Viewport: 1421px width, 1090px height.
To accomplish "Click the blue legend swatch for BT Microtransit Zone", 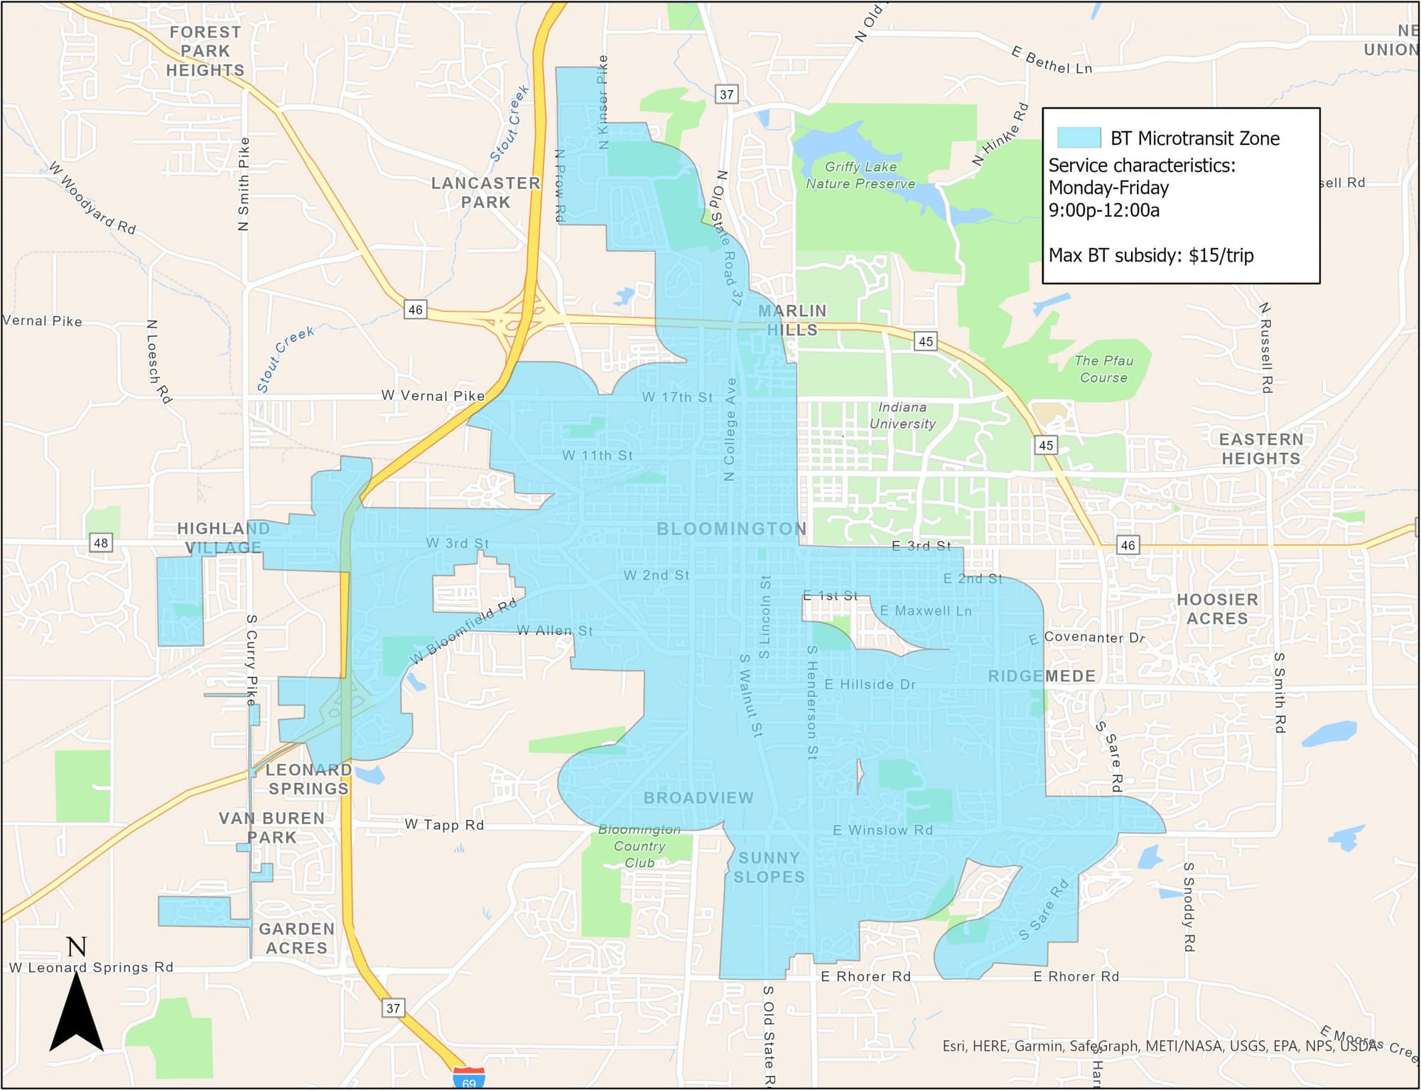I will tap(1079, 137).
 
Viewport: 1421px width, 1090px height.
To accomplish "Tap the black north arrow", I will tap(77, 1012).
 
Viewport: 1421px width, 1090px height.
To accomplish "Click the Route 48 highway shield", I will tap(101, 543).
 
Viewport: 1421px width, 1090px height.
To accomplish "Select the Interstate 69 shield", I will tap(469, 1078).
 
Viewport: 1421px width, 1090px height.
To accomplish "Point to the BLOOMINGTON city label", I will tap(731, 529).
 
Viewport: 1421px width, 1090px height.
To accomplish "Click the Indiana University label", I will tap(902, 415).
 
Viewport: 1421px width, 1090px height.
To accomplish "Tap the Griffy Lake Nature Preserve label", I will tap(860, 175).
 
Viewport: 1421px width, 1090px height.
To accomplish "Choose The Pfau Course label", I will tap(1103, 369).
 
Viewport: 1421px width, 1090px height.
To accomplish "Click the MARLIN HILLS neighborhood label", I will tap(792, 320).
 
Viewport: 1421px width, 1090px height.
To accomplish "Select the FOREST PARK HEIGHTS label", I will tap(205, 51).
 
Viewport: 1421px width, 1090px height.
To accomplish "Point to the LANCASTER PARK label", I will tap(486, 193).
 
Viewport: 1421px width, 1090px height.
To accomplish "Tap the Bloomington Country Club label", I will tap(639, 846).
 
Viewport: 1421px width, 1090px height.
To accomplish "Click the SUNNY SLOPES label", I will tap(769, 867).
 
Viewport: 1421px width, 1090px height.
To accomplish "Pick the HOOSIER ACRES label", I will tap(1217, 609).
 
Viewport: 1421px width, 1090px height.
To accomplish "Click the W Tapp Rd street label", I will tap(444, 824).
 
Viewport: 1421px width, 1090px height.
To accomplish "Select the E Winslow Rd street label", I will tap(882, 830).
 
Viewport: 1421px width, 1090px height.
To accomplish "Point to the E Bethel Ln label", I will tap(1052, 61).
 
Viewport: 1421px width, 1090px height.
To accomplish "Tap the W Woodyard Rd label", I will tap(92, 197).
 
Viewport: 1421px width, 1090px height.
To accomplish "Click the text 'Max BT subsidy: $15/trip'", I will tap(1151, 255).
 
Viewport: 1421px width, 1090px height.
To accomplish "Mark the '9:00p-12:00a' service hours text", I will tap(1104, 210).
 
